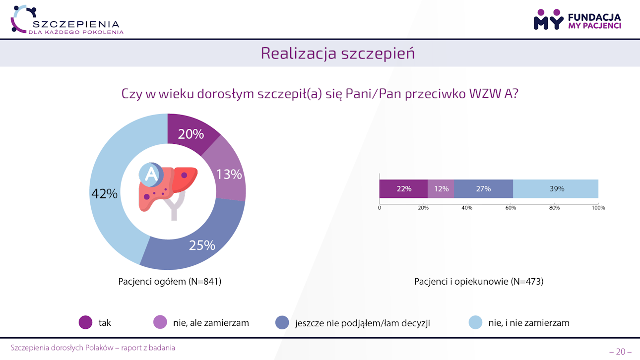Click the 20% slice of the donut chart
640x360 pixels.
pos(191,134)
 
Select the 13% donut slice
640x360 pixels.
pos(229,174)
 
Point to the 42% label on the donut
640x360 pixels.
pos(104,194)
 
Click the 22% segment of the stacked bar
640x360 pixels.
pos(404,189)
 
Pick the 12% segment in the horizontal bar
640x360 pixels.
pos(441,189)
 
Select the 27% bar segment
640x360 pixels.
pos(483,189)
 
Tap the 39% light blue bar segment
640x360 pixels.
pos(556,189)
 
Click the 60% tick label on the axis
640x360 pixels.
pos(511,208)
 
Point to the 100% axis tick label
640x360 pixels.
pos(598,208)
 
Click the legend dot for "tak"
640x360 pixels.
pos(86,323)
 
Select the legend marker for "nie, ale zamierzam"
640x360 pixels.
pos(160,323)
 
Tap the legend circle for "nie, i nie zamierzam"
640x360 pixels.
pos(475,323)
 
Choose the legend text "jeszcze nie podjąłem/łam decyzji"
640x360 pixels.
pos(362,323)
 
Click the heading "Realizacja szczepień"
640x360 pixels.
pos(337,53)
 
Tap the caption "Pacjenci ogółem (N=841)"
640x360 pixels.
pos(170,282)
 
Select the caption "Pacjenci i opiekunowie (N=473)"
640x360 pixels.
pos(479,282)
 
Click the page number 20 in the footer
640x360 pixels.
pos(620,352)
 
